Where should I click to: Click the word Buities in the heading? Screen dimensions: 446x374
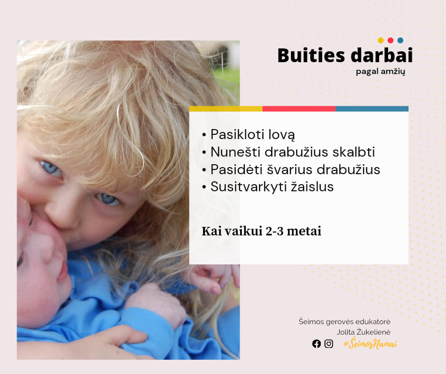tap(311, 55)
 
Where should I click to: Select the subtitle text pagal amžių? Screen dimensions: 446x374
tap(381, 72)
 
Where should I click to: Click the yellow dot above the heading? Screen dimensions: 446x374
tap(381, 40)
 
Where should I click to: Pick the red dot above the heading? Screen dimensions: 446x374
tap(390, 40)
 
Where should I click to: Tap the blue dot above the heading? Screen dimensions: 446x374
tap(400, 40)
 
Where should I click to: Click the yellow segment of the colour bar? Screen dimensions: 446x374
tap(226, 109)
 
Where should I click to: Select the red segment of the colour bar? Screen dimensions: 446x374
tap(299, 109)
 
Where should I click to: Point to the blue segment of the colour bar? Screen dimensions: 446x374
tap(372, 109)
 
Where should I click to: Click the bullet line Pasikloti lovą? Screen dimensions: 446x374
tap(249, 135)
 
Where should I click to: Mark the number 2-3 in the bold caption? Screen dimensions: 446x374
tap(275, 231)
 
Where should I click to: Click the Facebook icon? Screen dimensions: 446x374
tap(316, 344)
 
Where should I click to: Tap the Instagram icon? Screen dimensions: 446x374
tap(329, 344)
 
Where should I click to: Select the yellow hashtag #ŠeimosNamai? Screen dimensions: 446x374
tap(370, 344)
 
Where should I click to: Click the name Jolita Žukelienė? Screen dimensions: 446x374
tap(363, 332)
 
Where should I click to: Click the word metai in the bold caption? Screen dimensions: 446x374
tap(304, 231)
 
